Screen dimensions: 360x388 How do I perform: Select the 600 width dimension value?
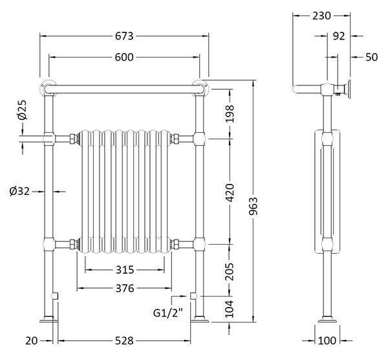pyautogui.click(x=124, y=58)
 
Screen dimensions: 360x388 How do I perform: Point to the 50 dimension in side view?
pyautogui.click(x=371, y=57)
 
